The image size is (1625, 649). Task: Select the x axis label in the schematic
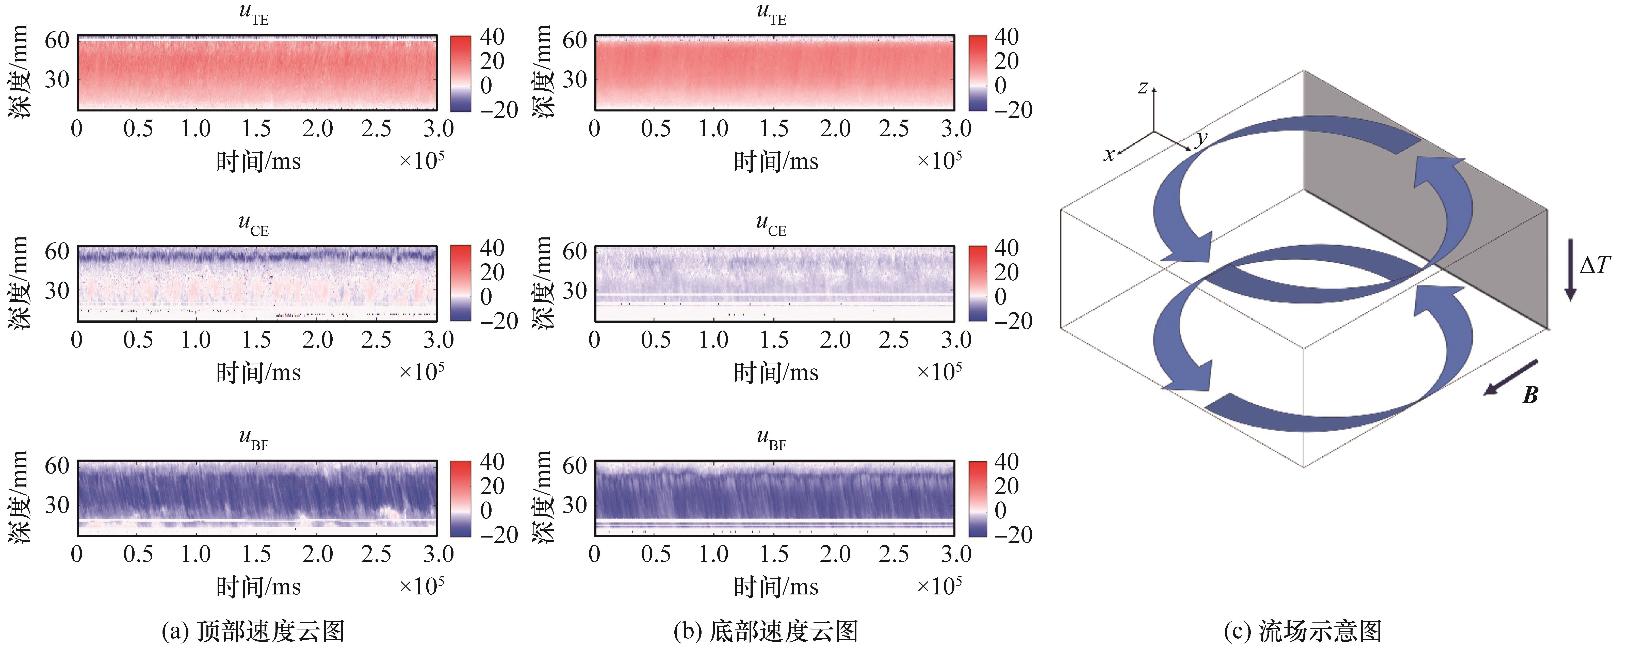coord(1108,154)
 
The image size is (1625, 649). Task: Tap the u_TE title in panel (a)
coord(254,14)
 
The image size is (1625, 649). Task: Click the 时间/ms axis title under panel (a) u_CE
coord(259,373)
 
